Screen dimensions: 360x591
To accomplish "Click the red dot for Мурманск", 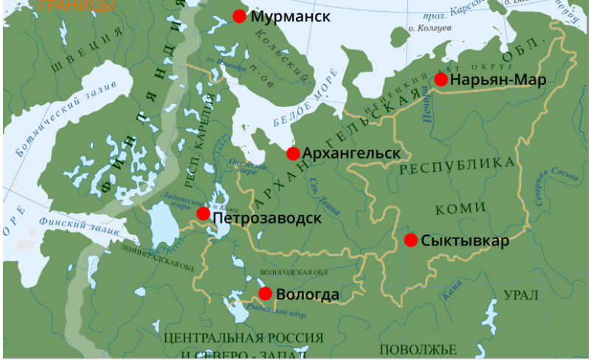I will coord(239,16).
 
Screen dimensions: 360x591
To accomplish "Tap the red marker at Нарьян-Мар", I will coord(441,80).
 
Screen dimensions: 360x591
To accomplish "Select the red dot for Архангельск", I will coord(293,153).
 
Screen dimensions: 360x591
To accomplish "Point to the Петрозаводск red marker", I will coord(204,214).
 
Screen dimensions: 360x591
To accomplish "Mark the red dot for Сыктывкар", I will coord(411,240).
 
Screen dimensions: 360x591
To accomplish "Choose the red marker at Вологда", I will coord(266,294).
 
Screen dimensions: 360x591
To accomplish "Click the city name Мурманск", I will coord(290,16).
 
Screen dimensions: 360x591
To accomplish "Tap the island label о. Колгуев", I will coord(430,29).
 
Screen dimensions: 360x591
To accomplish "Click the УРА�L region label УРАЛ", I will coord(521,295).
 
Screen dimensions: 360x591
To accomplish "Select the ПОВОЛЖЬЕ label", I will coord(418,349).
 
